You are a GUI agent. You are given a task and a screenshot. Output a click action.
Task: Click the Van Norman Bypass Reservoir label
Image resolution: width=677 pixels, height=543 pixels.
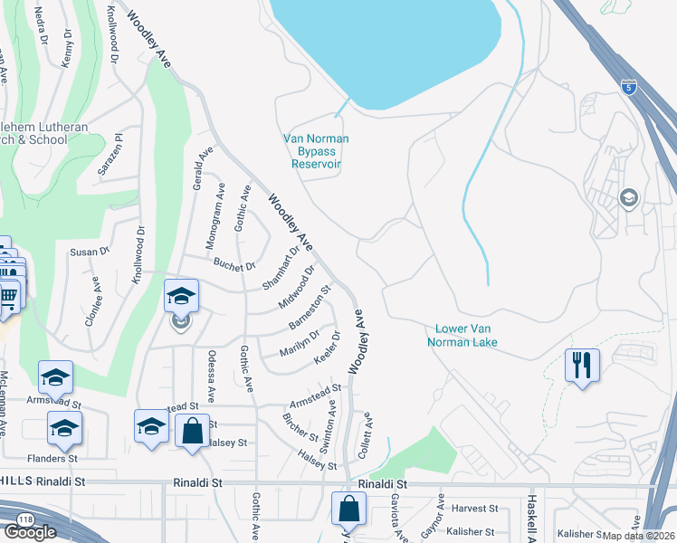[316, 151]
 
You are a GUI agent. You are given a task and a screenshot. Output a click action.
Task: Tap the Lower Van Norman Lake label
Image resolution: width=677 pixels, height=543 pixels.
[466, 336]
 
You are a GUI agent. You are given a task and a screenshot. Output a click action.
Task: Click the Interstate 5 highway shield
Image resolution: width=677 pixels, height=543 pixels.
[628, 88]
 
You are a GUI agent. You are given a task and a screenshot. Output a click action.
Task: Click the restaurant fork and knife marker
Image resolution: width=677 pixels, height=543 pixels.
[582, 366]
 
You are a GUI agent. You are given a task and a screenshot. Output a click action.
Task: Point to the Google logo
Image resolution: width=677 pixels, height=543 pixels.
[30, 532]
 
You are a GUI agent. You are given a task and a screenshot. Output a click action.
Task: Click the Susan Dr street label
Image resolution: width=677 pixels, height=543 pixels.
[89, 252]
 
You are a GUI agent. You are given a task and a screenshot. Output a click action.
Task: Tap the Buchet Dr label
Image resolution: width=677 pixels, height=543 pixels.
[234, 265]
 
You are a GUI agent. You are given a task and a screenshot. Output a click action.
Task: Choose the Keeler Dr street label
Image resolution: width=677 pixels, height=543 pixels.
[327, 348]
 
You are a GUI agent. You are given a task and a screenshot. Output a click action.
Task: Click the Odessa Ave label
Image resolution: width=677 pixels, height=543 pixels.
[211, 376]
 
